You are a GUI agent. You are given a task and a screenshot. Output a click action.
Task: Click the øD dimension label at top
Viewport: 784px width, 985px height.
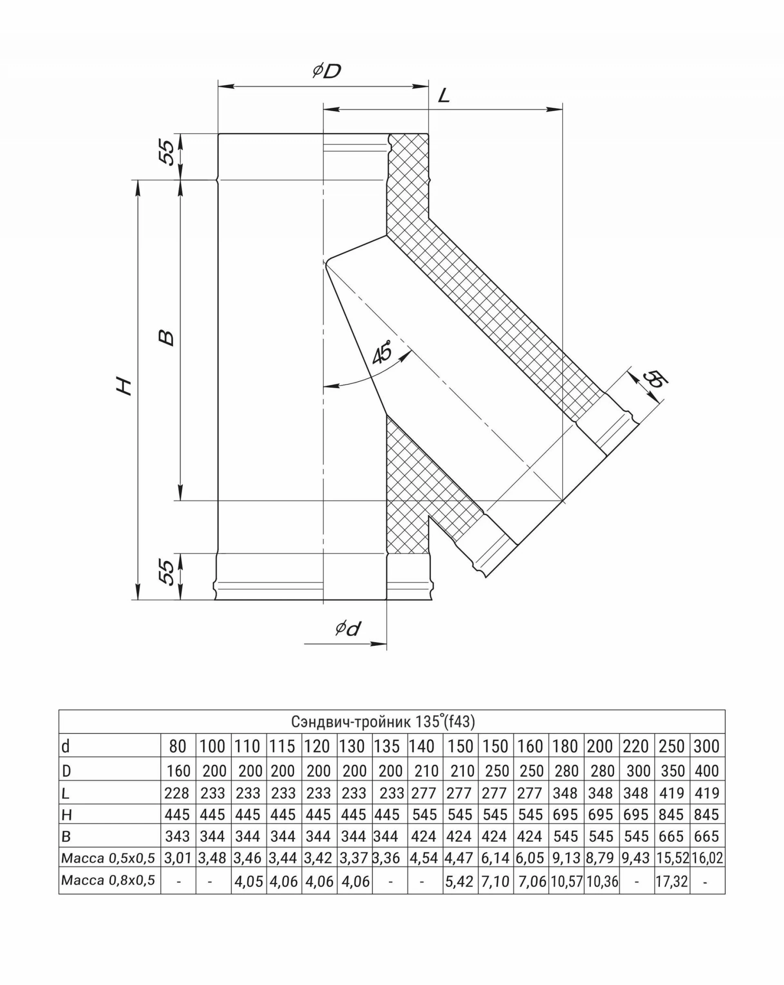click(x=327, y=71)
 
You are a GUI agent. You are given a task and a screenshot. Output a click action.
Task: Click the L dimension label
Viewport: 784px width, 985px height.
click(x=443, y=96)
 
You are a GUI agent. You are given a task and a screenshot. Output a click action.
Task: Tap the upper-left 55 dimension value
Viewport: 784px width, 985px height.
click(x=166, y=152)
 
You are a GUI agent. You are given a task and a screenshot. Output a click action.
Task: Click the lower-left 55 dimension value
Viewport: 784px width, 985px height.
click(x=166, y=572)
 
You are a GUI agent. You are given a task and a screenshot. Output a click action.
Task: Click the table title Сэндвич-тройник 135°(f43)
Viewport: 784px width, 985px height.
click(x=383, y=721)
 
